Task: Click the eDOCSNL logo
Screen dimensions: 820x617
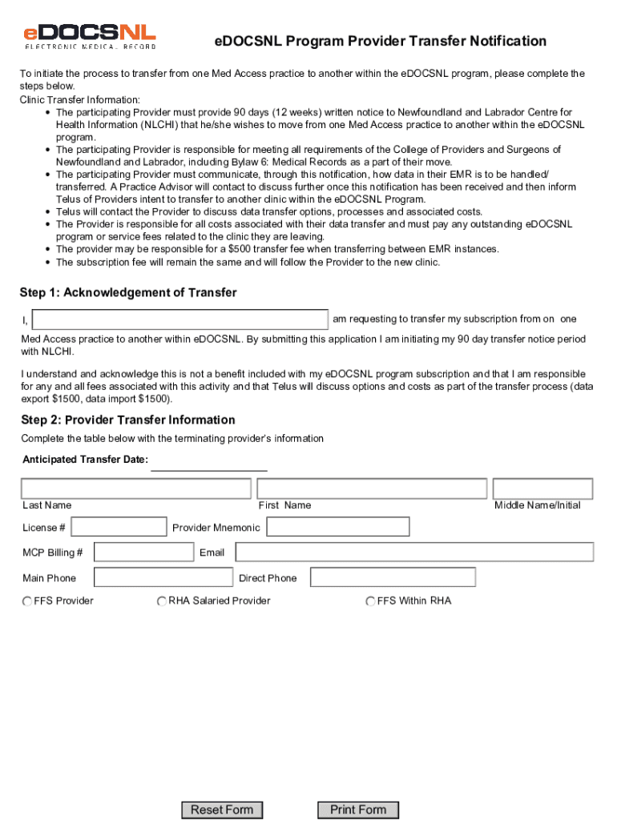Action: pos(88,37)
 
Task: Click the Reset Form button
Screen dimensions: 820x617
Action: pos(222,810)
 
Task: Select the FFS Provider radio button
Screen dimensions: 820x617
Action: pos(27,601)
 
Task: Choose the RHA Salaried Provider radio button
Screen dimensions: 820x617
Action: pos(162,601)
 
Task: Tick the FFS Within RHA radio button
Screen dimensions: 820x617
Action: pos(371,601)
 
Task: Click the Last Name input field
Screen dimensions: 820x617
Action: pos(136,488)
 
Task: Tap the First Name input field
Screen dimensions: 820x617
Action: pos(372,488)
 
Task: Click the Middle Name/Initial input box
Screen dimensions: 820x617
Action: pos(542,488)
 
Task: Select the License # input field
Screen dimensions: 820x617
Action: pos(119,527)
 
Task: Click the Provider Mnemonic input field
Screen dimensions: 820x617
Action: pos(337,527)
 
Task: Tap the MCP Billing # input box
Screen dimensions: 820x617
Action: pos(143,553)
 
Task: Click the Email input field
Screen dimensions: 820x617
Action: pos(414,553)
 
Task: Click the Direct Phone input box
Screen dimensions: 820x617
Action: pos(393,577)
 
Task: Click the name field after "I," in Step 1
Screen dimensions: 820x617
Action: pos(179,320)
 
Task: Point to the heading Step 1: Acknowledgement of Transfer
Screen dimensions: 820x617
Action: pos(128,293)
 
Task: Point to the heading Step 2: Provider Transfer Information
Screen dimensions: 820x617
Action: pos(128,420)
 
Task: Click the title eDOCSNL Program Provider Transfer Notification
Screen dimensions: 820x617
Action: pos(381,42)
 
